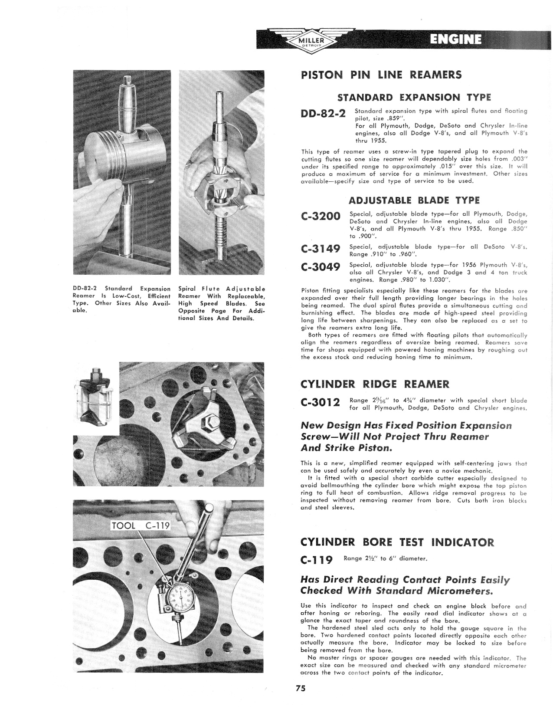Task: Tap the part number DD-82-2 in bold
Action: pyautogui.click(x=323, y=114)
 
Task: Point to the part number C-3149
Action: pyautogui.click(x=321, y=249)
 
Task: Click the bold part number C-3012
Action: pyautogui.click(x=321, y=404)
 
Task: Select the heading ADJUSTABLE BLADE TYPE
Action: pyautogui.click(x=414, y=200)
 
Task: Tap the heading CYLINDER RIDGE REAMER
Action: pyautogui.click(x=375, y=384)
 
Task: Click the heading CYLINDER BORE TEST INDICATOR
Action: pyautogui.click(x=397, y=542)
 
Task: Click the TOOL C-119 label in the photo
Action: pyautogui.click(x=141, y=526)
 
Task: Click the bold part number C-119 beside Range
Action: pyautogui.click(x=316, y=560)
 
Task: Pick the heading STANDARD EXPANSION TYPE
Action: pyautogui.click(x=414, y=97)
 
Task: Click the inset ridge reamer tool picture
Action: pyautogui.click(x=95, y=397)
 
